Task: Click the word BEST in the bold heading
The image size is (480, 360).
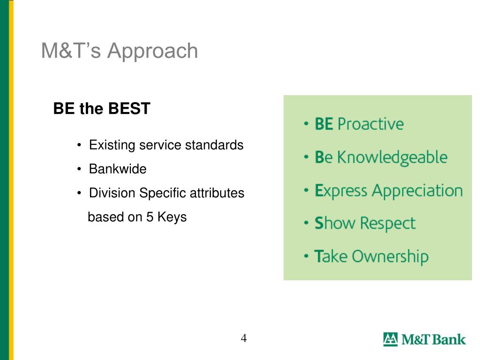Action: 129,108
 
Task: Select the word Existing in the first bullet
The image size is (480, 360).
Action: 112,145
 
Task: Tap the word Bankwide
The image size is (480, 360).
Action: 118,169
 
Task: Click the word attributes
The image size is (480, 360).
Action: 217,193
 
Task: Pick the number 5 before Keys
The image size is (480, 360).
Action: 150,217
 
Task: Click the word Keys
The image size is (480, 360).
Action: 172,217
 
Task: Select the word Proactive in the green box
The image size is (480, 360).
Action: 370,124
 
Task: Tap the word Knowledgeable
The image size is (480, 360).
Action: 392,158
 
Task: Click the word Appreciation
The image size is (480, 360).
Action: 417,191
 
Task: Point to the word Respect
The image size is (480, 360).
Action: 388,224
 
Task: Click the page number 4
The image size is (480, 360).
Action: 244,338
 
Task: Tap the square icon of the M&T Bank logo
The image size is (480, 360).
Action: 390,339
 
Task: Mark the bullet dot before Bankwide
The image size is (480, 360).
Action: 79,169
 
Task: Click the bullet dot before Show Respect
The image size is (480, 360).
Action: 306,223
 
